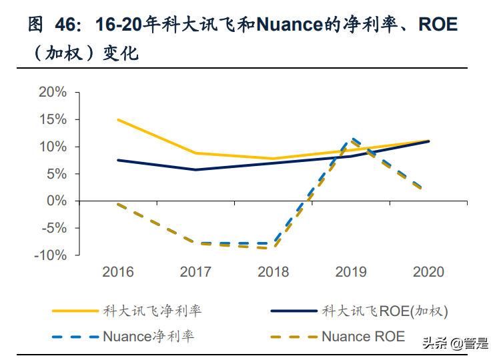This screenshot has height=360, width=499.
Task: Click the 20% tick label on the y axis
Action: pos(53,92)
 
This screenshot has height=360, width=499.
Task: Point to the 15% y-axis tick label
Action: pos(53,119)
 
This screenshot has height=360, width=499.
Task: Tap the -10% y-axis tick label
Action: pos(50,255)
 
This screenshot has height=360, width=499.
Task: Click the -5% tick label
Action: pos(53,228)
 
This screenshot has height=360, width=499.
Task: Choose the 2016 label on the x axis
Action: pos(117,272)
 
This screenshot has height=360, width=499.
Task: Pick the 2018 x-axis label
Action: pos(273,272)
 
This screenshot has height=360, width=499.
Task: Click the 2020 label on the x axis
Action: pos(428,272)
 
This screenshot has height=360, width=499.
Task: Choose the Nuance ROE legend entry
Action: pos(363,336)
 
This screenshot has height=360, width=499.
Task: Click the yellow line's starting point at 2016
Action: pos(117,119)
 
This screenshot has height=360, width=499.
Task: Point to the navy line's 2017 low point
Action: pos(195,169)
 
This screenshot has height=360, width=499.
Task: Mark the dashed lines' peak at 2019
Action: pos(351,139)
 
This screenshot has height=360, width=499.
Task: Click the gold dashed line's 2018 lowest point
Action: pos(273,248)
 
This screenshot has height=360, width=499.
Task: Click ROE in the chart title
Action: pos(438,26)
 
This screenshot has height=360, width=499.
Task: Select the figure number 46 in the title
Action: pos(66,26)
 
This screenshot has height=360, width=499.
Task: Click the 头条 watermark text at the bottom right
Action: pos(435,343)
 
